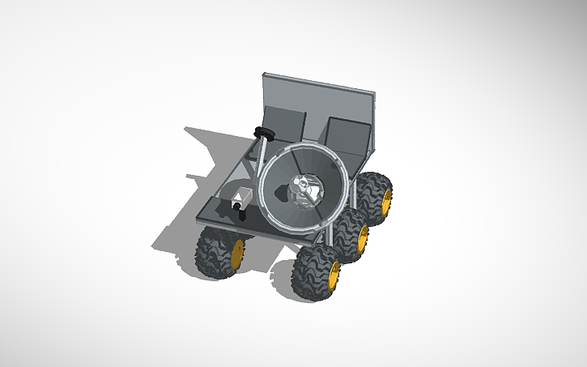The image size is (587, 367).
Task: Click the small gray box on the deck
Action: (243, 197)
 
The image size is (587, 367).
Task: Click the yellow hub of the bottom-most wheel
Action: (333, 275)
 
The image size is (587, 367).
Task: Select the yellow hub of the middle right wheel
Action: (362, 238)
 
